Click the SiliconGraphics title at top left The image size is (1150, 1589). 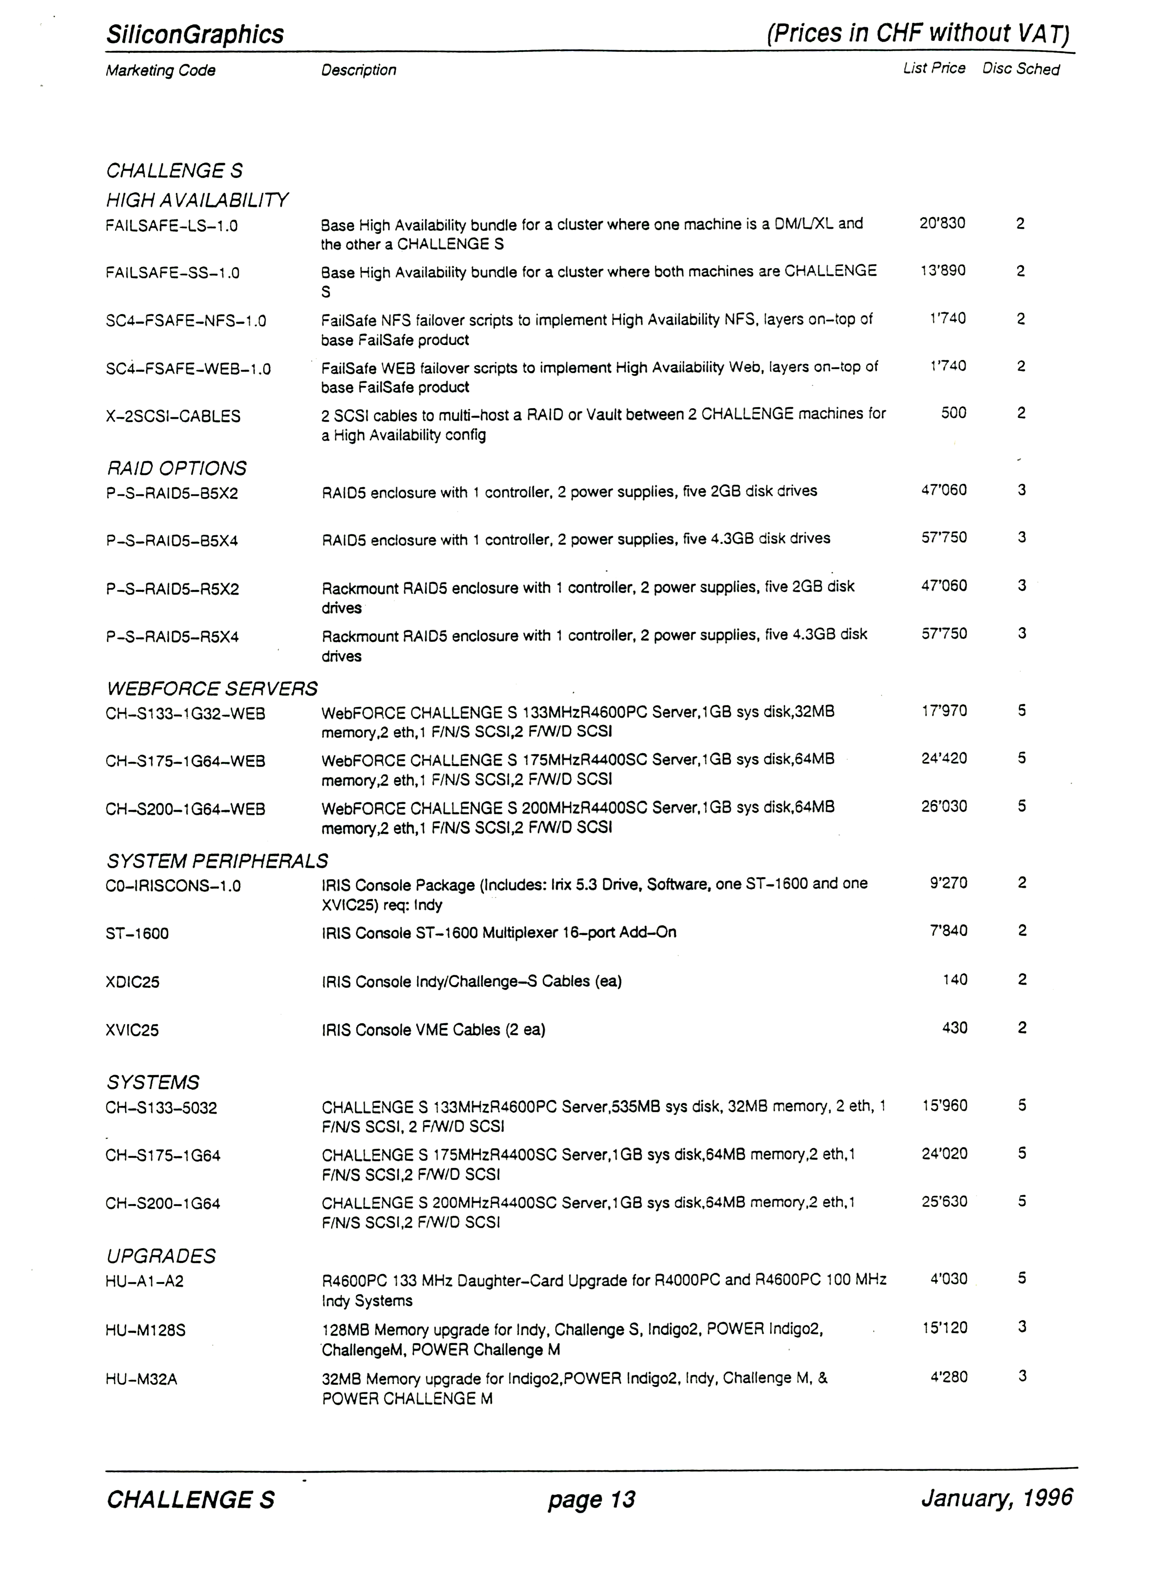[x=195, y=34]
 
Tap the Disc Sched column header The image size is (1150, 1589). [x=1021, y=69]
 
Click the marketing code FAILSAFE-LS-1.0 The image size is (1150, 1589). [x=172, y=225]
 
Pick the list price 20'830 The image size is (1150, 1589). [x=942, y=223]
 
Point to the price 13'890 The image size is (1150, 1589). [x=943, y=270]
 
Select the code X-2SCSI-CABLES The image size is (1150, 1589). [x=173, y=416]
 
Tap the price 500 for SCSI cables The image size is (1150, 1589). [x=953, y=413]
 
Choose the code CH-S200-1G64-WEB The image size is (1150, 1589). [x=185, y=809]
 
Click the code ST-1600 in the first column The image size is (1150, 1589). [x=137, y=933]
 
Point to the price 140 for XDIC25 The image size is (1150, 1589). [x=955, y=980]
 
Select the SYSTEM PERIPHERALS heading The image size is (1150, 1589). [x=217, y=860]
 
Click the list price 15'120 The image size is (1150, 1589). [x=945, y=1327]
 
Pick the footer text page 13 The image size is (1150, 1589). [x=591, y=1499]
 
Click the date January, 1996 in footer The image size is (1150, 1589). [x=997, y=1497]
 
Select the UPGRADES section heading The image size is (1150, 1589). [x=161, y=1256]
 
